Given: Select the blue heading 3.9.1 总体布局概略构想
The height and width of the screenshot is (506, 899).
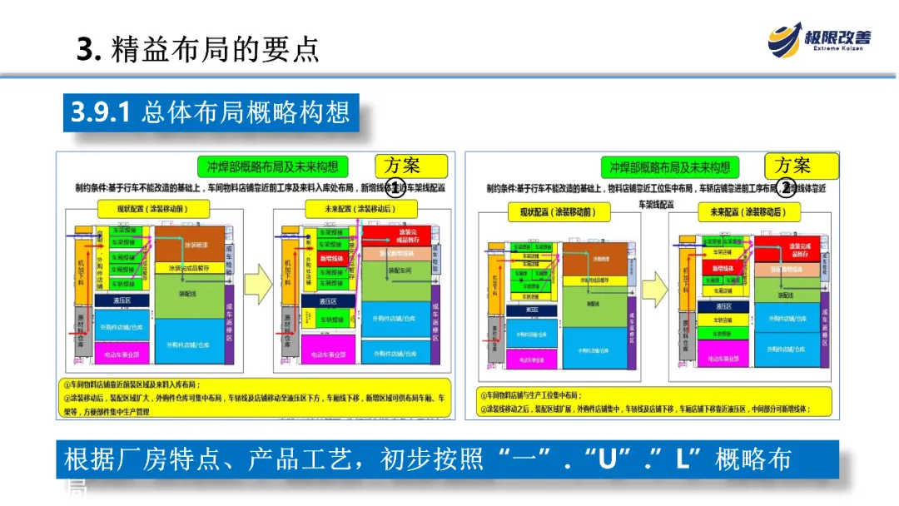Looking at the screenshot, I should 210,112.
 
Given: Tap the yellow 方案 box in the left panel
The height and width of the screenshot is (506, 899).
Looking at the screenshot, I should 410,166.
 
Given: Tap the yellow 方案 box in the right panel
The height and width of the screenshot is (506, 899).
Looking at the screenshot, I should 792,166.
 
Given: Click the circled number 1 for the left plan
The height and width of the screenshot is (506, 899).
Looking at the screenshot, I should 397,186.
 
